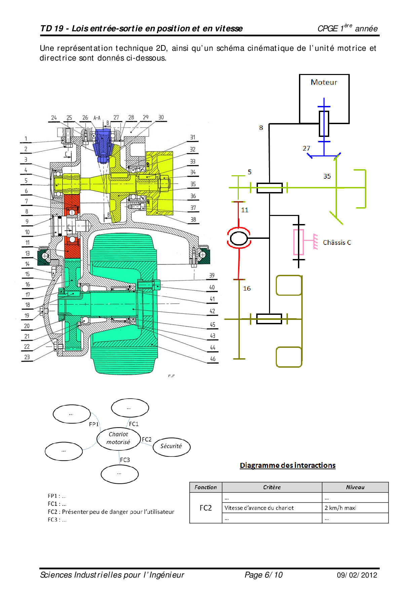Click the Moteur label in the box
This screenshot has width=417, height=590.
pos(324,82)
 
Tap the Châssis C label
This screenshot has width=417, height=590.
pos(337,243)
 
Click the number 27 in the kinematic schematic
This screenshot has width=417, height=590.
pos(306,148)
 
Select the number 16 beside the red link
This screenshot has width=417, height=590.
pos(247,288)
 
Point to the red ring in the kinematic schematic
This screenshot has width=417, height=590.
pos(239,238)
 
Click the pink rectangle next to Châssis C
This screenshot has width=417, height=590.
pos(298,242)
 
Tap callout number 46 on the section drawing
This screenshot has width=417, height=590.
pos(213,359)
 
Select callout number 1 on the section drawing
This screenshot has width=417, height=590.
pos(26,139)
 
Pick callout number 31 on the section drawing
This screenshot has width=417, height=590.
pos(192,137)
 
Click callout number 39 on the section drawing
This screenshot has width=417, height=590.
pos(212,275)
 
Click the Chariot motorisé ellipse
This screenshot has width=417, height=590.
pos(118,438)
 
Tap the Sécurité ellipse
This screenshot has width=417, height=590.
pos(171,446)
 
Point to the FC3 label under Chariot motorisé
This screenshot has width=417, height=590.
pos(125,460)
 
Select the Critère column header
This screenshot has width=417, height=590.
pos(272,487)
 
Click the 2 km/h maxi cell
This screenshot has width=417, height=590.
pos(340,508)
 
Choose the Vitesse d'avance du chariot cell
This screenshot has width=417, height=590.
pos(259,508)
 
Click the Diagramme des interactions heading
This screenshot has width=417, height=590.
pos(288,465)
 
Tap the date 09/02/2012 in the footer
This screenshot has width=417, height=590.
pos(357,575)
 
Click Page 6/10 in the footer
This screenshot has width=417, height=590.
pos(263,575)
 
